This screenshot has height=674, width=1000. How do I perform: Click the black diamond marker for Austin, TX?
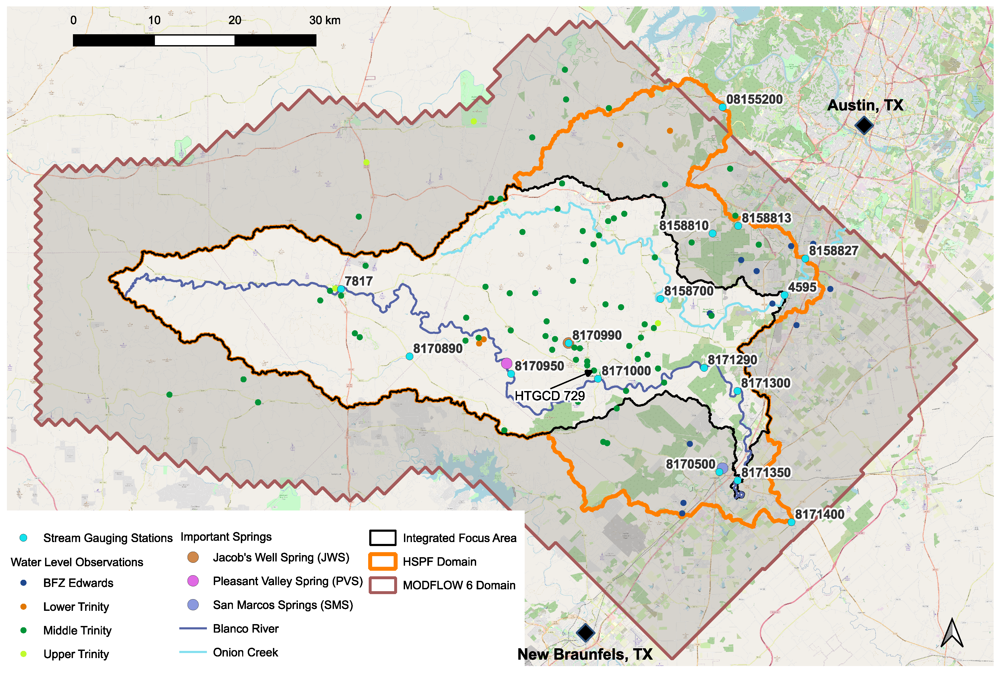863,126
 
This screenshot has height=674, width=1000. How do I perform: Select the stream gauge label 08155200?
754,99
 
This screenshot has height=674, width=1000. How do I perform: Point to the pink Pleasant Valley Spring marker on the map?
506,363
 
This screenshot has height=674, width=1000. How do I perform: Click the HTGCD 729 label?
549,396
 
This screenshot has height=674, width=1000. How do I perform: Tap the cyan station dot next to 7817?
341,289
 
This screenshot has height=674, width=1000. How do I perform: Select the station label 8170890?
438,348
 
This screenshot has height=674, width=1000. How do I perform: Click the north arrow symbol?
952,633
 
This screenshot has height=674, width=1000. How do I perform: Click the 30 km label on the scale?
325,20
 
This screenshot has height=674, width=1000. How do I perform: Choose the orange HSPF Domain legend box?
382,561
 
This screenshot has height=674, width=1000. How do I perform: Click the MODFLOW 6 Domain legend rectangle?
382,585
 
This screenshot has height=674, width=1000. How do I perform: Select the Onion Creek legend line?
193,652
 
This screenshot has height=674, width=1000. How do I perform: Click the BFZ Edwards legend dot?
24,583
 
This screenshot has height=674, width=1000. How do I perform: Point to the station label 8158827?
833,251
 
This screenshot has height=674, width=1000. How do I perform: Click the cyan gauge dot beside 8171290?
704,367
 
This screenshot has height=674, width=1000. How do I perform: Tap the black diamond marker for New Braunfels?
585,632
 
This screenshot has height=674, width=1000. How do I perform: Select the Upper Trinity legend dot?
24,654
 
